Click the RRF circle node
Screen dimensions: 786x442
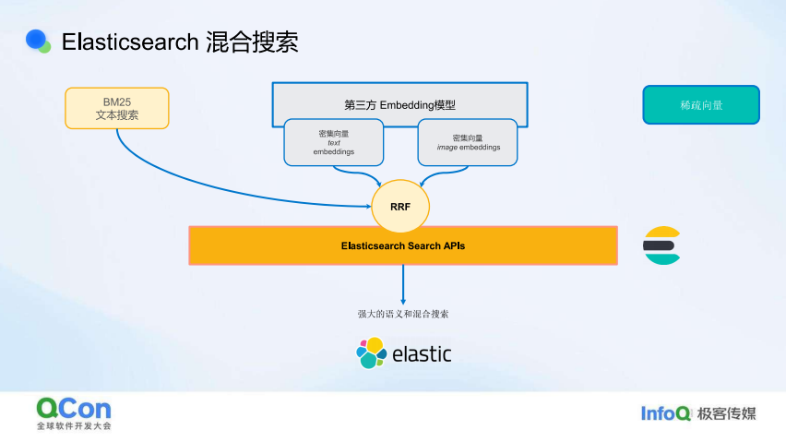(x=400, y=206)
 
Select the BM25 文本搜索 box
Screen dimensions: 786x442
(x=117, y=108)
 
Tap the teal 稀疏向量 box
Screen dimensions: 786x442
(x=701, y=105)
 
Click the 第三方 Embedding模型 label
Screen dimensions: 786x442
(x=399, y=105)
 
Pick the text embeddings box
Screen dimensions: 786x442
(x=334, y=142)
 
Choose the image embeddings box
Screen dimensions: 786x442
(x=468, y=142)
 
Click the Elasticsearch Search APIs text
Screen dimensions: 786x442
(x=403, y=245)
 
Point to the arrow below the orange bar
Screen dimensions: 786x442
(x=403, y=284)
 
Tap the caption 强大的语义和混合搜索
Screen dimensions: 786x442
(x=403, y=314)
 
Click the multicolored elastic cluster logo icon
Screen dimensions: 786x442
(x=372, y=352)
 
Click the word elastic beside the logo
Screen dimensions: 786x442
(x=422, y=353)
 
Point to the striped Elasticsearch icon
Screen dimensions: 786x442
(x=661, y=245)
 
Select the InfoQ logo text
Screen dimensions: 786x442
(x=666, y=413)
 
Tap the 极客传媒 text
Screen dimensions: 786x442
(x=726, y=413)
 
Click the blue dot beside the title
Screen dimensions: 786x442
(x=36, y=40)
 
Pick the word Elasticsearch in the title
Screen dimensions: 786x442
(x=130, y=42)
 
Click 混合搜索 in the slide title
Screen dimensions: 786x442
(x=252, y=42)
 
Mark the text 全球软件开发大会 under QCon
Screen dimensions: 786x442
(x=74, y=426)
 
